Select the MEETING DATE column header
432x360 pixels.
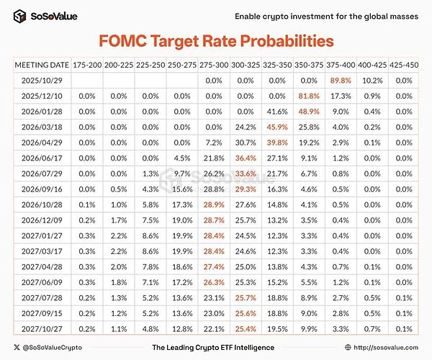[x=42, y=65]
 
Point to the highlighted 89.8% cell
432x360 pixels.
[x=342, y=80]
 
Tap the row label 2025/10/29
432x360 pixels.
[x=42, y=80]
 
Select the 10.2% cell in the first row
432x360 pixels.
[x=373, y=80]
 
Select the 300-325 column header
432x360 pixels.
[x=246, y=65]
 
